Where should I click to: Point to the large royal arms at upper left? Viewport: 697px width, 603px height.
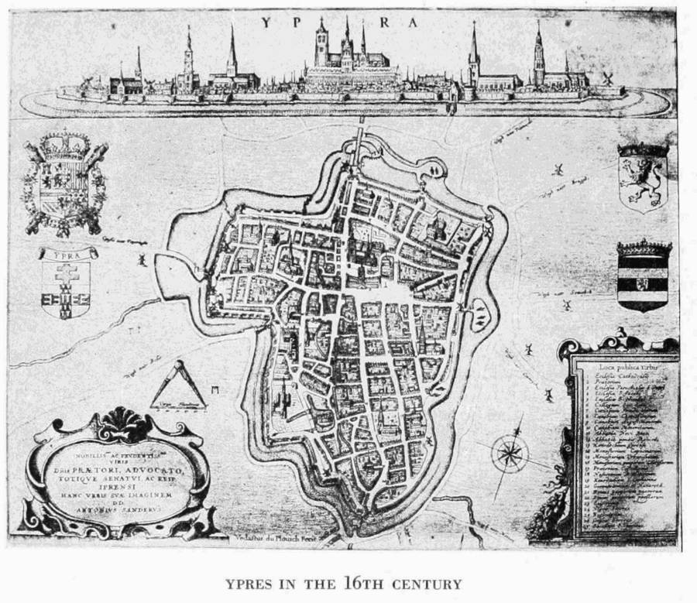[x=65, y=183]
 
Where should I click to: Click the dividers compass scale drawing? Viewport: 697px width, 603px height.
[x=179, y=386]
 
